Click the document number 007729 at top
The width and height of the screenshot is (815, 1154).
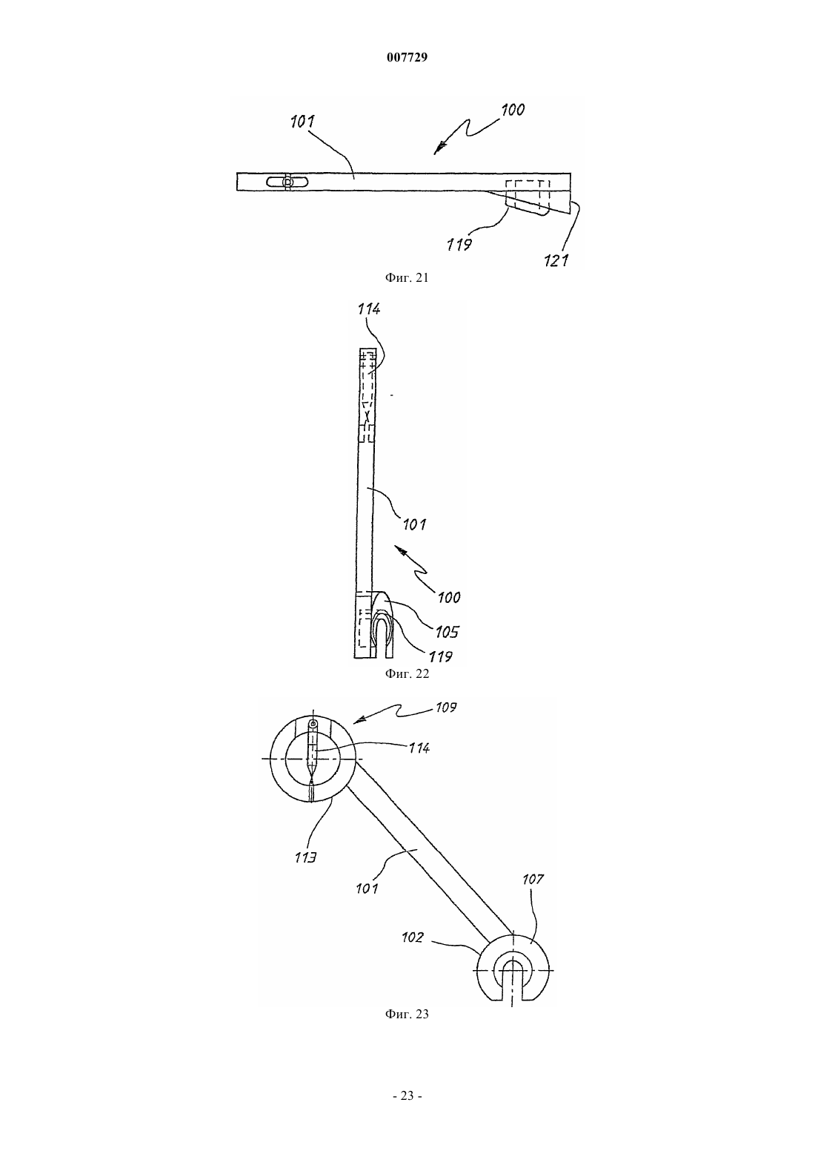[x=407, y=57]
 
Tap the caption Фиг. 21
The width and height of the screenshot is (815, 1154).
[x=407, y=277]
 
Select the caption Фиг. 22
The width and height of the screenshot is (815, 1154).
[x=407, y=673]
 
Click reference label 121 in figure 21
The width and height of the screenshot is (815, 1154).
[x=556, y=260]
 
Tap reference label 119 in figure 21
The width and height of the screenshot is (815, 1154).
[x=459, y=244]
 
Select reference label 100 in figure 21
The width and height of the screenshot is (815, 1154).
[x=513, y=110]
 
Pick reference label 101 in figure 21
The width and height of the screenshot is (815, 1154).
[x=302, y=122]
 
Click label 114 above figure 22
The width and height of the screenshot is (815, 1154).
[x=369, y=309]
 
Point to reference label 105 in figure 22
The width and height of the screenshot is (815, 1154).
[x=447, y=632]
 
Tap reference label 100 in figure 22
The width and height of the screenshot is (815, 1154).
[x=449, y=598]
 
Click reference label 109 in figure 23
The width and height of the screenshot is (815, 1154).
[x=445, y=708]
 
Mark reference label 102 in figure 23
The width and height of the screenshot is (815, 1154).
[x=413, y=937]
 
